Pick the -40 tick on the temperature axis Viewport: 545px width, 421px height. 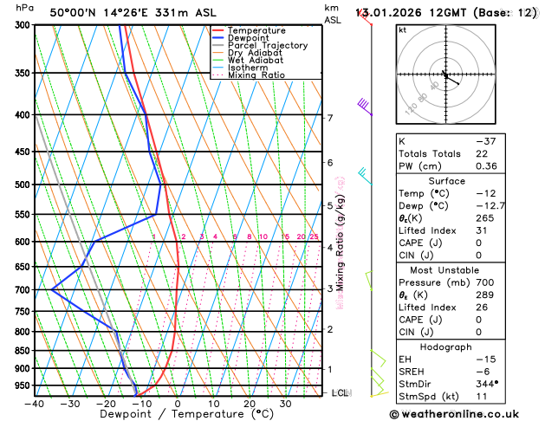click(35, 404)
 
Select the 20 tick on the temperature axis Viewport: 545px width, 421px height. click(249, 404)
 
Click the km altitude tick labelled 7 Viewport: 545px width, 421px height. click(330, 118)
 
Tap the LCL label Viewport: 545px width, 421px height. click(340, 392)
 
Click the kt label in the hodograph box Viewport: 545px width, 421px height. click(403, 29)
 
